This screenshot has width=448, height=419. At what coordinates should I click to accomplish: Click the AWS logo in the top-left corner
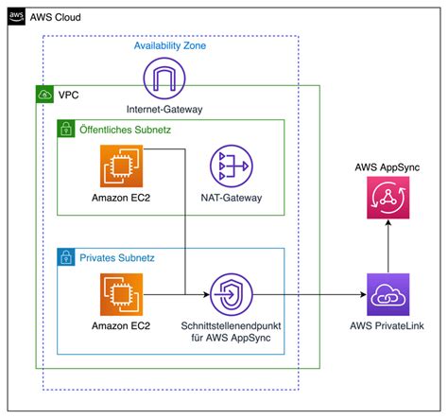pyautogui.click(x=17, y=16)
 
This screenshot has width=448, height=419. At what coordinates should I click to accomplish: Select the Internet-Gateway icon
pyautogui.click(x=166, y=79)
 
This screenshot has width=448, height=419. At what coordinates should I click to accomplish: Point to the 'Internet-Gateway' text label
pyautogui.click(x=166, y=109)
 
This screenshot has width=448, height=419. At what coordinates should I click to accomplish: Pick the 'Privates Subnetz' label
pyautogui.click(x=115, y=257)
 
